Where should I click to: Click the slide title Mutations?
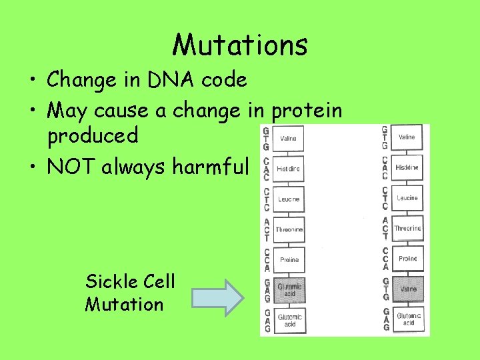click(240, 45)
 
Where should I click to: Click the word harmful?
click(210, 165)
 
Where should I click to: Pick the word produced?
click(93, 136)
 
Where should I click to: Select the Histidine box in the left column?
click(288, 169)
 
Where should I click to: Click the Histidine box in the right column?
click(407, 167)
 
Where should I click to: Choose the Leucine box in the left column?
click(288, 199)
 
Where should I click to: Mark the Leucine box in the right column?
click(407, 198)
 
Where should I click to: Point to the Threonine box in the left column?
click(289, 230)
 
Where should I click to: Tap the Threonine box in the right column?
click(407, 228)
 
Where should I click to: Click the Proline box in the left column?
click(289, 260)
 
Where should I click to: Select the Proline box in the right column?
click(407, 259)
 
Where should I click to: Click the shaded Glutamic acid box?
click(289, 290)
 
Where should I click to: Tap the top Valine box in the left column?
click(288, 139)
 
